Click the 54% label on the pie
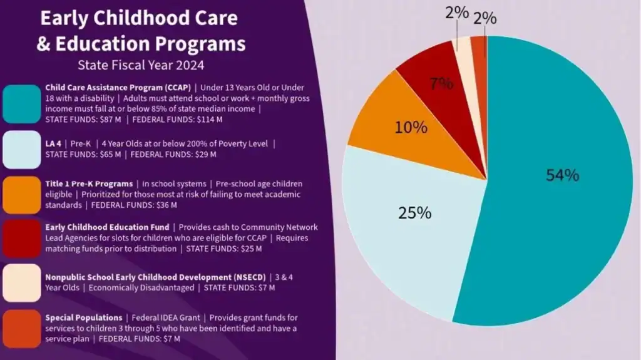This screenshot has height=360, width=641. click(x=562, y=175)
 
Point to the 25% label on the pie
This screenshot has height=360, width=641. click(x=415, y=213)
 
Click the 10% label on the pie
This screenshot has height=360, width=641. click(x=411, y=128)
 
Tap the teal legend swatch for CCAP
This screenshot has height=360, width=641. click(x=22, y=104)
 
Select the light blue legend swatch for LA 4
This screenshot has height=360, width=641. click(x=22, y=149)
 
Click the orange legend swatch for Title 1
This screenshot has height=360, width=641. click(x=22, y=194)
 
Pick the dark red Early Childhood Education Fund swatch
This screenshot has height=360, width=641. click(x=22, y=238)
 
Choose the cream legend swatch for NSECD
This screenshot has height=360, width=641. click(x=22, y=282)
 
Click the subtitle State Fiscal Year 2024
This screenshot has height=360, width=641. click(x=141, y=64)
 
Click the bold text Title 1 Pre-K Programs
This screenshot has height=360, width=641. click(x=88, y=184)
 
